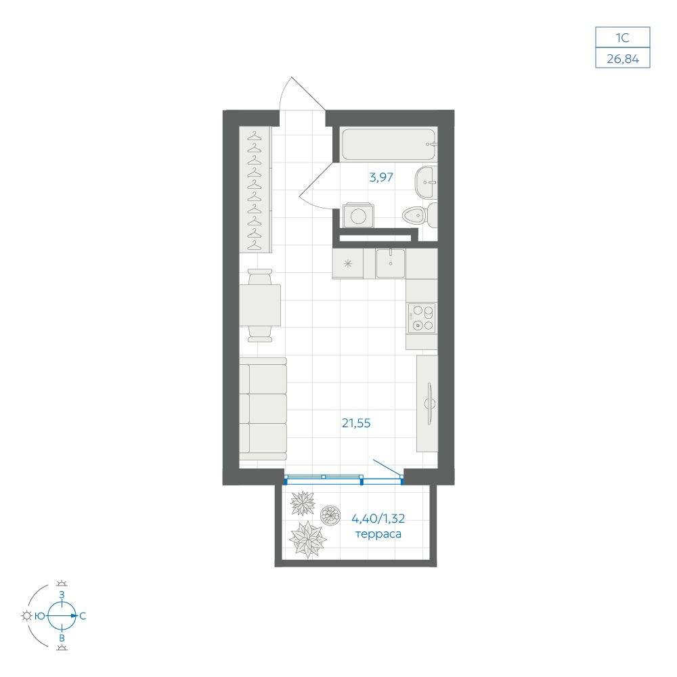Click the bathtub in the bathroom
click(x=389, y=144)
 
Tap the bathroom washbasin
click(x=426, y=182)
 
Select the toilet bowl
click(x=420, y=215)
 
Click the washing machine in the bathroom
click(x=358, y=215)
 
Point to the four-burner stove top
click(x=422, y=318)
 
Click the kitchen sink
click(x=391, y=263)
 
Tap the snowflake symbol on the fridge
click(x=348, y=263)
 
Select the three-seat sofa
click(x=263, y=408)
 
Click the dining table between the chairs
click(x=260, y=305)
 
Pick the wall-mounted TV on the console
click(x=429, y=403)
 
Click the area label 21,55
click(x=356, y=423)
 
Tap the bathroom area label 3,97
click(x=381, y=177)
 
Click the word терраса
click(x=378, y=534)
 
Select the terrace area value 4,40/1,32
click(x=378, y=518)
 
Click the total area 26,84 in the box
click(x=623, y=58)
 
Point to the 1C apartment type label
click(x=623, y=38)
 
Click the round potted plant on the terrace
click(x=330, y=515)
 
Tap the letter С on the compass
click(x=83, y=616)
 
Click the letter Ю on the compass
click(x=40, y=616)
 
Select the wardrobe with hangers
click(x=255, y=190)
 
